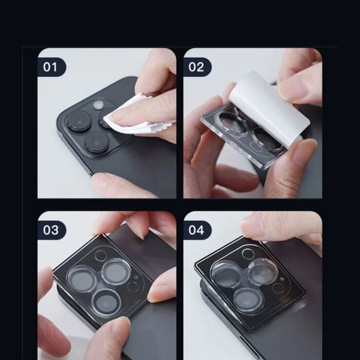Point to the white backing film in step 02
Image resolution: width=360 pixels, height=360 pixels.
pyautogui.click(x=267, y=108)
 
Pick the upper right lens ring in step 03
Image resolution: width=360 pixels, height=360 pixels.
pyautogui.click(x=116, y=271)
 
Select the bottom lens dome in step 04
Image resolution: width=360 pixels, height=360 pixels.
pyautogui.click(x=246, y=297)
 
